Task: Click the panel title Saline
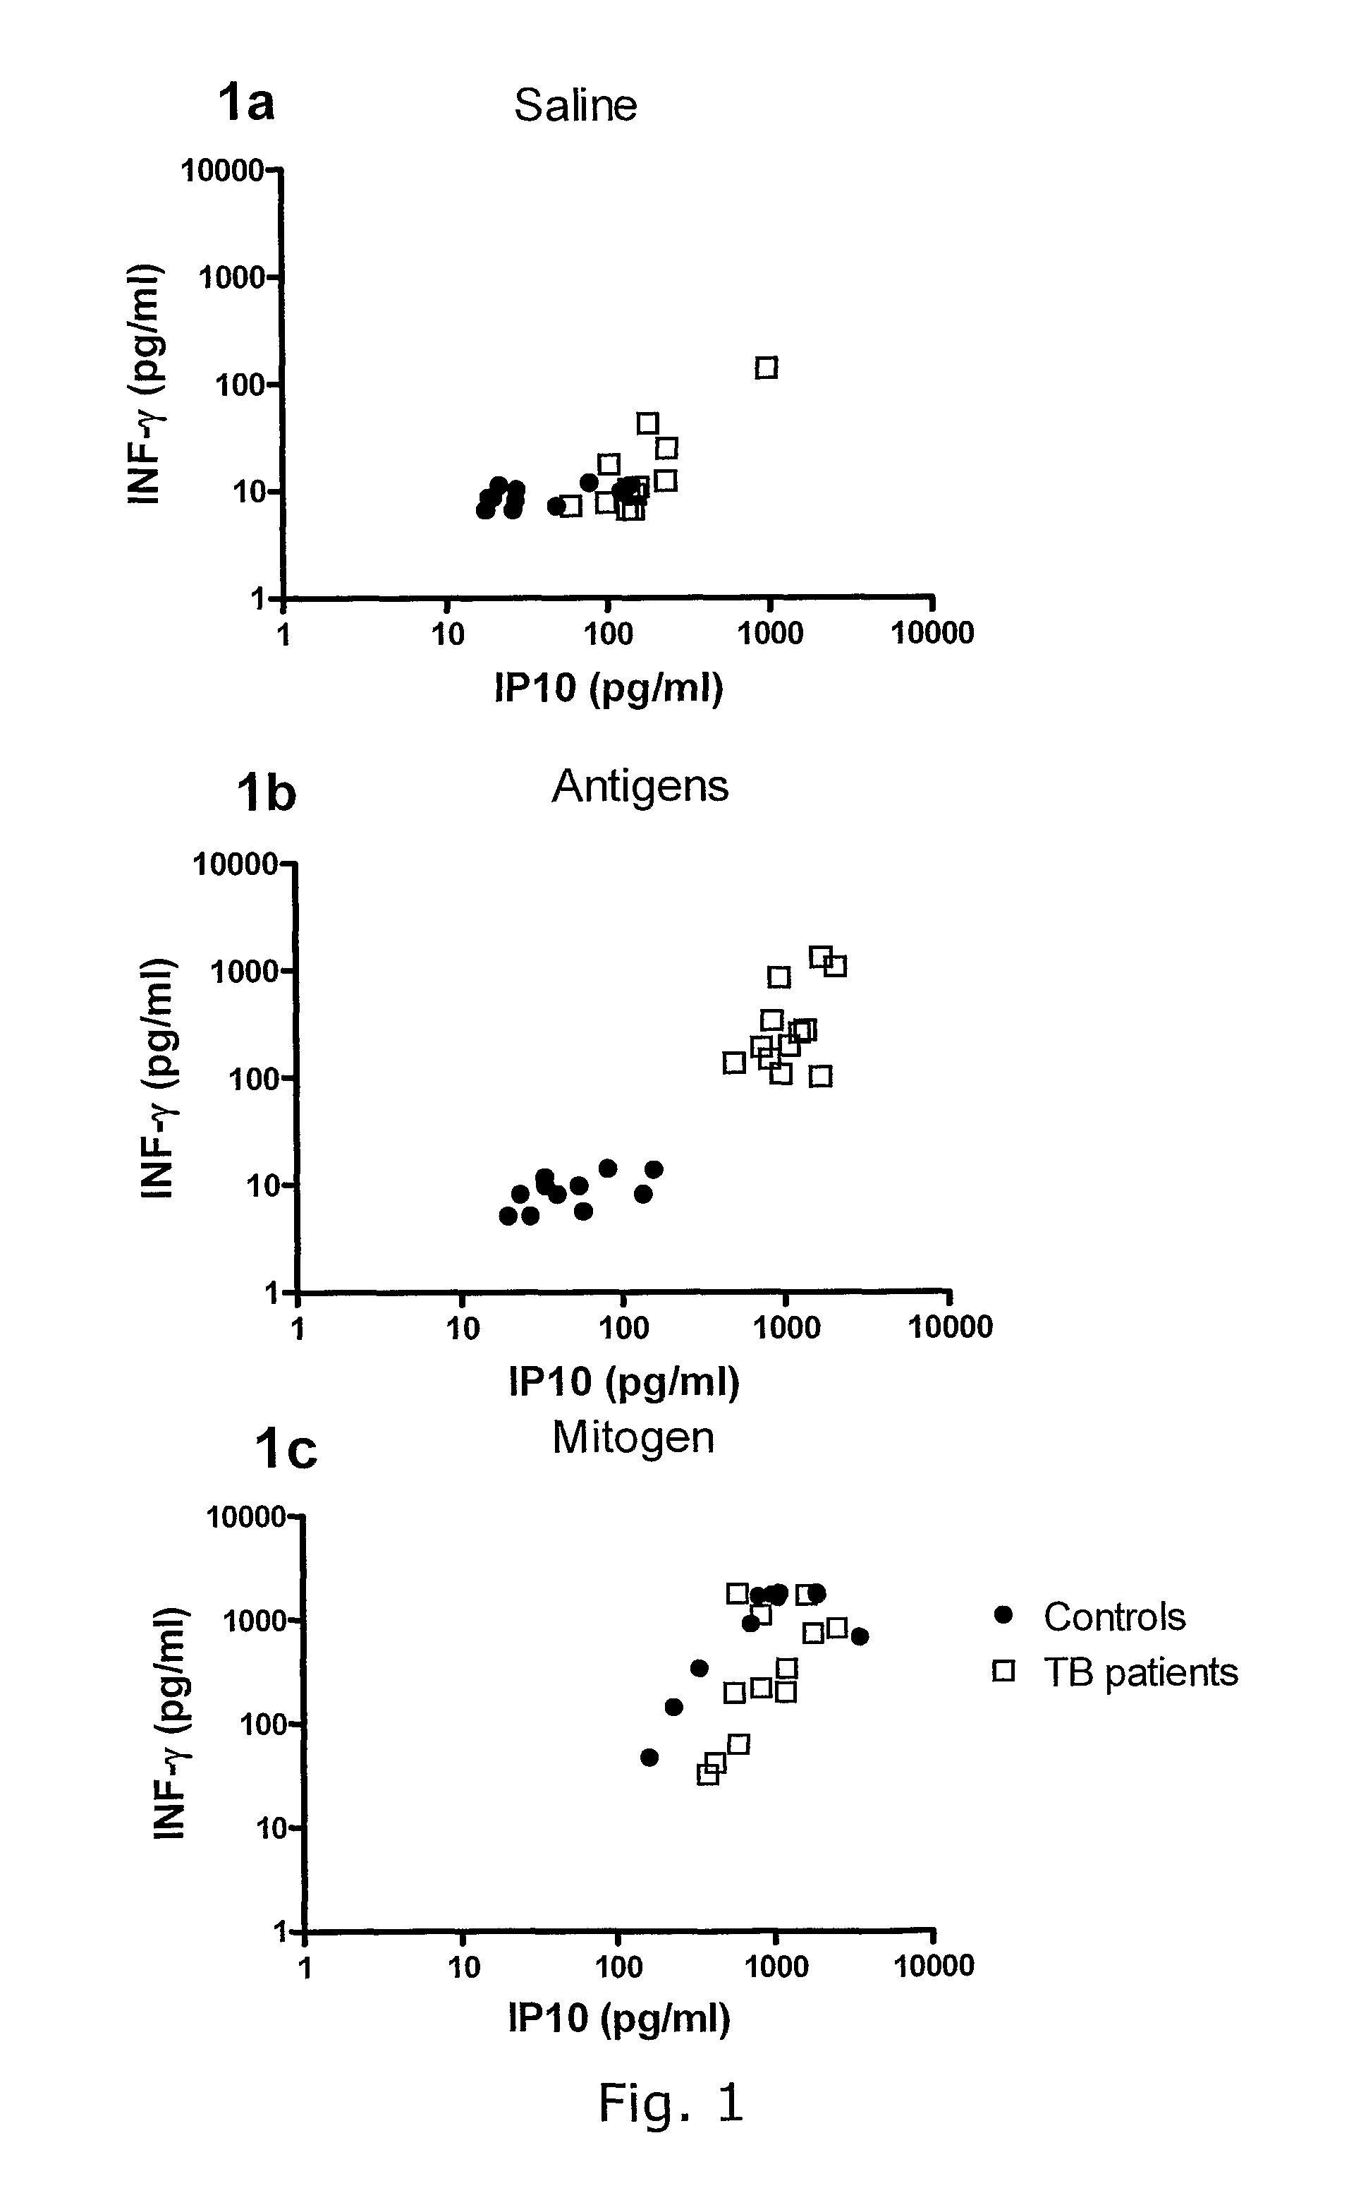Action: [575, 105]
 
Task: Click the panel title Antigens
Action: [640, 786]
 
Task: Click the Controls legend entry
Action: [1113, 1616]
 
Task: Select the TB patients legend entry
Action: [1140, 1672]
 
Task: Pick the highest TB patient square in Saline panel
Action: [767, 368]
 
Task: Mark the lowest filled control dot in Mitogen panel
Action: [649, 1758]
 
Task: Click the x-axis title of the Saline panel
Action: [609, 688]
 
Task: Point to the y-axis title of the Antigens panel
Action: [158, 1077]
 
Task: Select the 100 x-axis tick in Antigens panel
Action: [623, 1327]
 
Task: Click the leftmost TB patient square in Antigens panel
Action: [734, 1062]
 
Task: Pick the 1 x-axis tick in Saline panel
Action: [283, 634]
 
